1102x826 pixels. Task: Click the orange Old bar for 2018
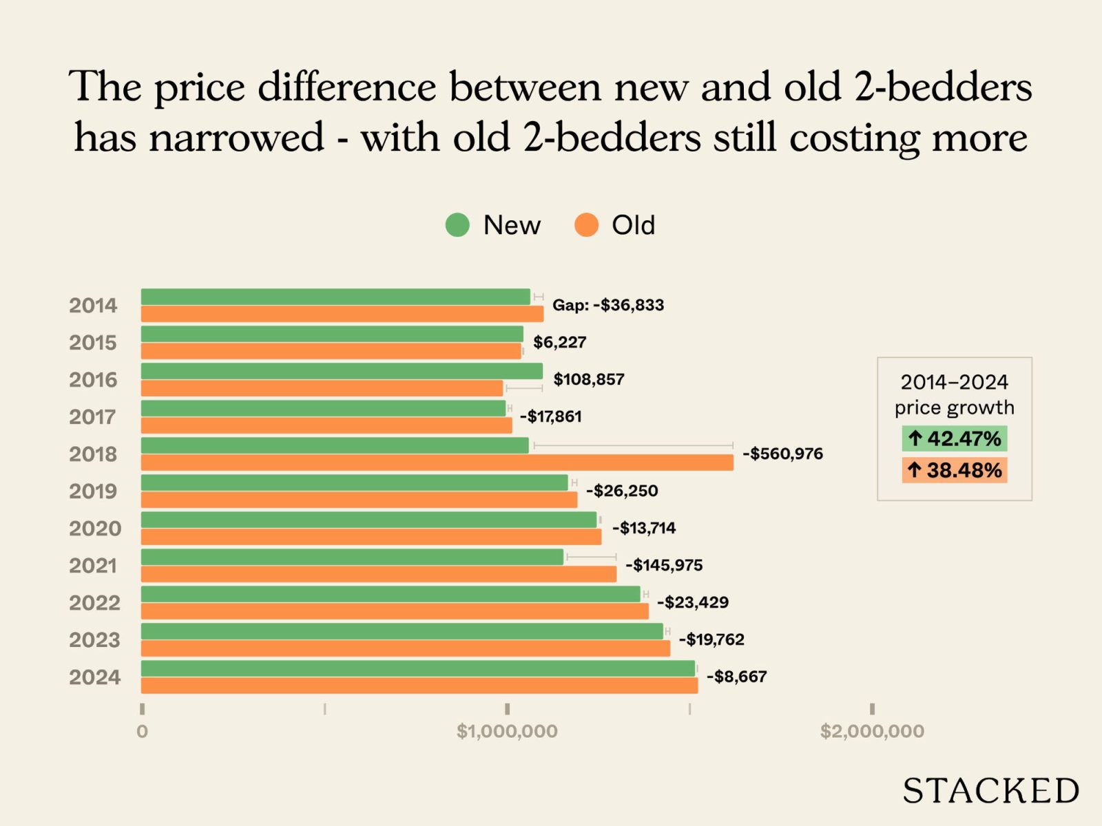[x=437, y=463]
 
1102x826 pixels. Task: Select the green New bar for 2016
[x=342, y=371]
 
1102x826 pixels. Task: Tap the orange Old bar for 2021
[x=379, y=574]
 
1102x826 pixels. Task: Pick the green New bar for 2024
[x=418, y=668]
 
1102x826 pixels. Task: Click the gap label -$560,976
[x=782, y=454]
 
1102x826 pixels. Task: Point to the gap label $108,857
[x=589, y=379]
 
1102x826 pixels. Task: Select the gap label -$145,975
[x=664, y=565]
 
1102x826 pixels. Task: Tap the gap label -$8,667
[x=736, y=677]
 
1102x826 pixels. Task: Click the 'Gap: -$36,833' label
[x=608, y=305]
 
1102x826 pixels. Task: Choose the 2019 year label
[x=94, y=491]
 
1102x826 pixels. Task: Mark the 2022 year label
[x=94, y=603]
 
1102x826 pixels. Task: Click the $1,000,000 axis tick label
[x=507, y=731]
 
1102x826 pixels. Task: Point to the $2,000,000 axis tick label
[x=872, y=731]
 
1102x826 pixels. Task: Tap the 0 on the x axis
[x=142, y=731]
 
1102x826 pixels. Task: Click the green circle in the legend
[x=457, y=225]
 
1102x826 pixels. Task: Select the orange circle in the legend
[x=586, y=225]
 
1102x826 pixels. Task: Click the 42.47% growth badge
[x=955, y=438]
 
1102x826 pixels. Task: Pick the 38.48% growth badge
[x=955, y=470]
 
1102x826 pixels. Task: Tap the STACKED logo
[x=991, y=791]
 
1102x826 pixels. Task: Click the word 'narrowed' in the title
[x=236, y=138]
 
